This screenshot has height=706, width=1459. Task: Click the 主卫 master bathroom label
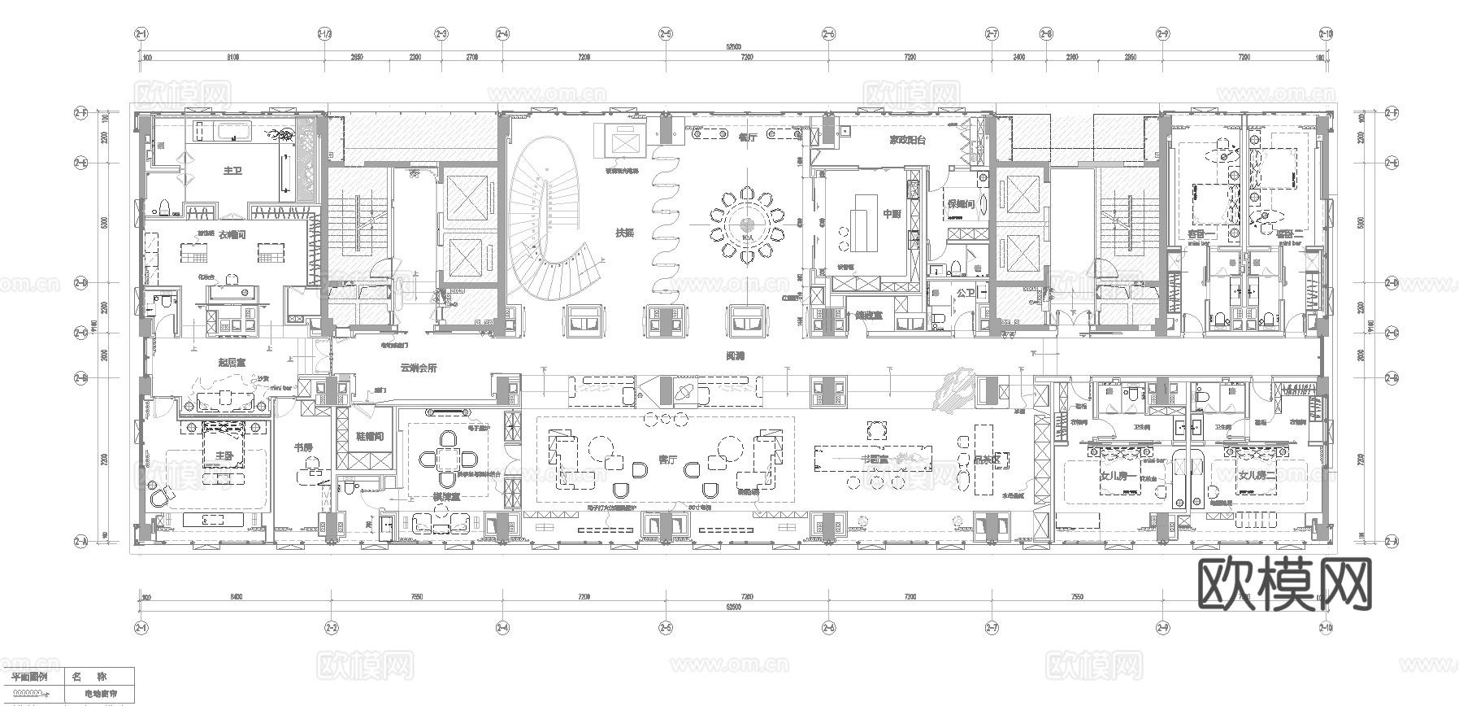tap(232, 171)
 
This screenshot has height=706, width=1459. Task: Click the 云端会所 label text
tap(419, 368)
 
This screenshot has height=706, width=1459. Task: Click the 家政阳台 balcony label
tap(907, 139)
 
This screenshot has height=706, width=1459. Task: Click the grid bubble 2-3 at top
tap(441, 34)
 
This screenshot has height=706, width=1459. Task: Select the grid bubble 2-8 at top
tap(1046, 34)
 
